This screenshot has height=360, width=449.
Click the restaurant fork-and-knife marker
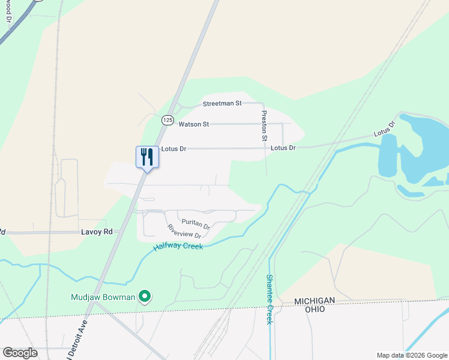pyautogui.click(x=147, y=157)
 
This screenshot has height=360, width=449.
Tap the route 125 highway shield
pyautogui.click(x=167, y=120)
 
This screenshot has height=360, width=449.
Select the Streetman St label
pyautogui.click(x=221, y=103)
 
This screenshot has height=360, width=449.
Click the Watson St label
pyautogui.click(x=193, y=124)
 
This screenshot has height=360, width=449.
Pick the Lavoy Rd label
pyautogui.click(x=97, y=232)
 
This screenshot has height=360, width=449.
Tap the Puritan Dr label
pyautogui.click(x=196, y=224)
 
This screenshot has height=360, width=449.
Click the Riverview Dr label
pyautogui.click(x=184, y=231)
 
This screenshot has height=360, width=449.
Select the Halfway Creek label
pyautogui.click(x=178, y=244)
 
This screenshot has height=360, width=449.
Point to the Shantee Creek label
pyautogui.click(x=270, y=299)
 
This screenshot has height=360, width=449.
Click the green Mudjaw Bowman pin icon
pyautogui.click(x=144, y=296)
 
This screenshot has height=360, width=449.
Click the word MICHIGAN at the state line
pyautogui.click(x=314, y=300)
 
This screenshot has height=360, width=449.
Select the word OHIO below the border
pyautogui.click(x=314, y=309)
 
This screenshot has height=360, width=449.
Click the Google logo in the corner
pyautogui.click(x=20, y=352)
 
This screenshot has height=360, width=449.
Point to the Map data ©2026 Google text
pyautogui.click(x=411, y=355)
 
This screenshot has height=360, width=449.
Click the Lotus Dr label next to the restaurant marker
pyautogui.click(x=174, y=148)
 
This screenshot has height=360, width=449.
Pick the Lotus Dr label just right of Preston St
pyautogui.click(x=283, y=148)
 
